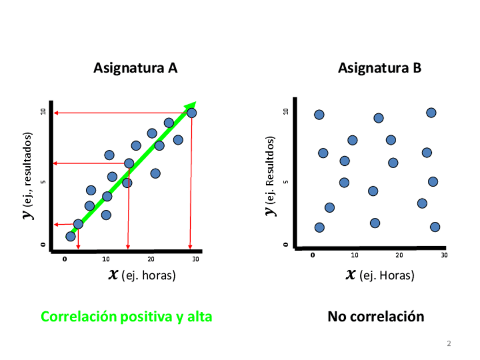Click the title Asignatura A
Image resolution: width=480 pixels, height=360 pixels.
135,68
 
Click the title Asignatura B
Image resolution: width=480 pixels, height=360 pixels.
380,68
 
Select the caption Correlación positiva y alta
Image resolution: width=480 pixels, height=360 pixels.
126,316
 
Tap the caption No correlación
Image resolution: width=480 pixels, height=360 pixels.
375,316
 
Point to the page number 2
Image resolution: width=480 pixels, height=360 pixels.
449,344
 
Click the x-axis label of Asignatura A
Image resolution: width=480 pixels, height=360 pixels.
142,276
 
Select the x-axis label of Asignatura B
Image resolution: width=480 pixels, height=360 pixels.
380,276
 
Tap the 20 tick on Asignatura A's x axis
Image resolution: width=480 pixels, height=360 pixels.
151,259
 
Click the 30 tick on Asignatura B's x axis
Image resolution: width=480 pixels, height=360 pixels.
444,255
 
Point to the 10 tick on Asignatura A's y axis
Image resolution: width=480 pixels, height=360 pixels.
43,112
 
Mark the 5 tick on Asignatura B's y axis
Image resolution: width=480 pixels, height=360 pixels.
286,182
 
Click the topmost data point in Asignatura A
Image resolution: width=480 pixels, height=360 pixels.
192,113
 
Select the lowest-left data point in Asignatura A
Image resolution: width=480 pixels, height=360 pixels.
71,236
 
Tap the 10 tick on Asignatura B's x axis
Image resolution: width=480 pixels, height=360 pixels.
355,255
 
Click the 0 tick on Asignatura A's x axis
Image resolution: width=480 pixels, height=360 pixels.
65,259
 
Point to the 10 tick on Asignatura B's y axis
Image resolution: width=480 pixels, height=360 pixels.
286,112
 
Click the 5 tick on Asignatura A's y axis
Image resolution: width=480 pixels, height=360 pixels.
43,182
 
